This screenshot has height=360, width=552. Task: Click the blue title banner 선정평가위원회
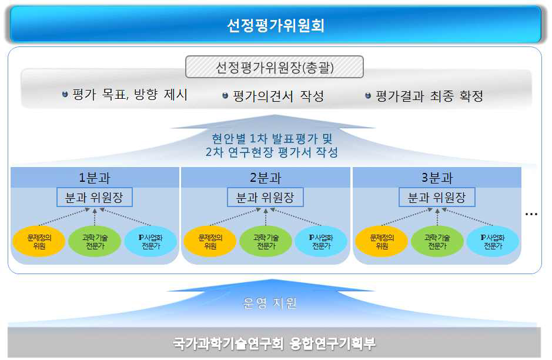tap(276, 25)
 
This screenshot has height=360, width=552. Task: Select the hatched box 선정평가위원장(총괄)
tap(275, 67)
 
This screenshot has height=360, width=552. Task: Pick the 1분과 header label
tap(95, 178)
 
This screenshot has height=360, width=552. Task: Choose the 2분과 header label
tap(266, 178)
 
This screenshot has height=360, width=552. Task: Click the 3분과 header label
tap(437, 178)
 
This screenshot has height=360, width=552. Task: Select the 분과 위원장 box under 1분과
tap(95, 198)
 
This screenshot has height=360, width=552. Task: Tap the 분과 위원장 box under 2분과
tap(266, 198)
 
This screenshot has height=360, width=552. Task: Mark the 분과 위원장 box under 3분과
tap(437, 198)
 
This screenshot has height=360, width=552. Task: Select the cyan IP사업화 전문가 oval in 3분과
tap(493, 241)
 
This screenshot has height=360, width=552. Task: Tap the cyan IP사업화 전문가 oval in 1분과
tap(150, 241)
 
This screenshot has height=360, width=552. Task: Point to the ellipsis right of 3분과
tap(531, 215)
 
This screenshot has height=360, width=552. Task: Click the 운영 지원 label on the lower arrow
tap(270, 304)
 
